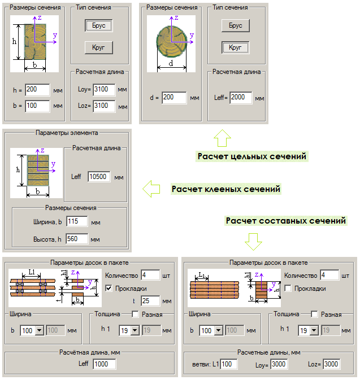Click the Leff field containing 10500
click(x=99, y=177)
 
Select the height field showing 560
click(x=77, y=239)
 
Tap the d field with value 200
click(x=174, y=98)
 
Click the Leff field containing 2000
click(x=241, y=98)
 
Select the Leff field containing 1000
click(x=104, y=364)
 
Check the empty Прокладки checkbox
click(x=288, y=289)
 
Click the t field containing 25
click(x=151, y=300)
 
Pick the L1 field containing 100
click(x=229, y=364)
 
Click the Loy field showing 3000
click(x=279, y=364)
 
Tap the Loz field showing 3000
click(x=331, y=364)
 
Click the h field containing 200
click(x=37, y=90)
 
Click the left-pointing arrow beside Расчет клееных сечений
click(x=150, y=189)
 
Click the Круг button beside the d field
click(x=235, y=47)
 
